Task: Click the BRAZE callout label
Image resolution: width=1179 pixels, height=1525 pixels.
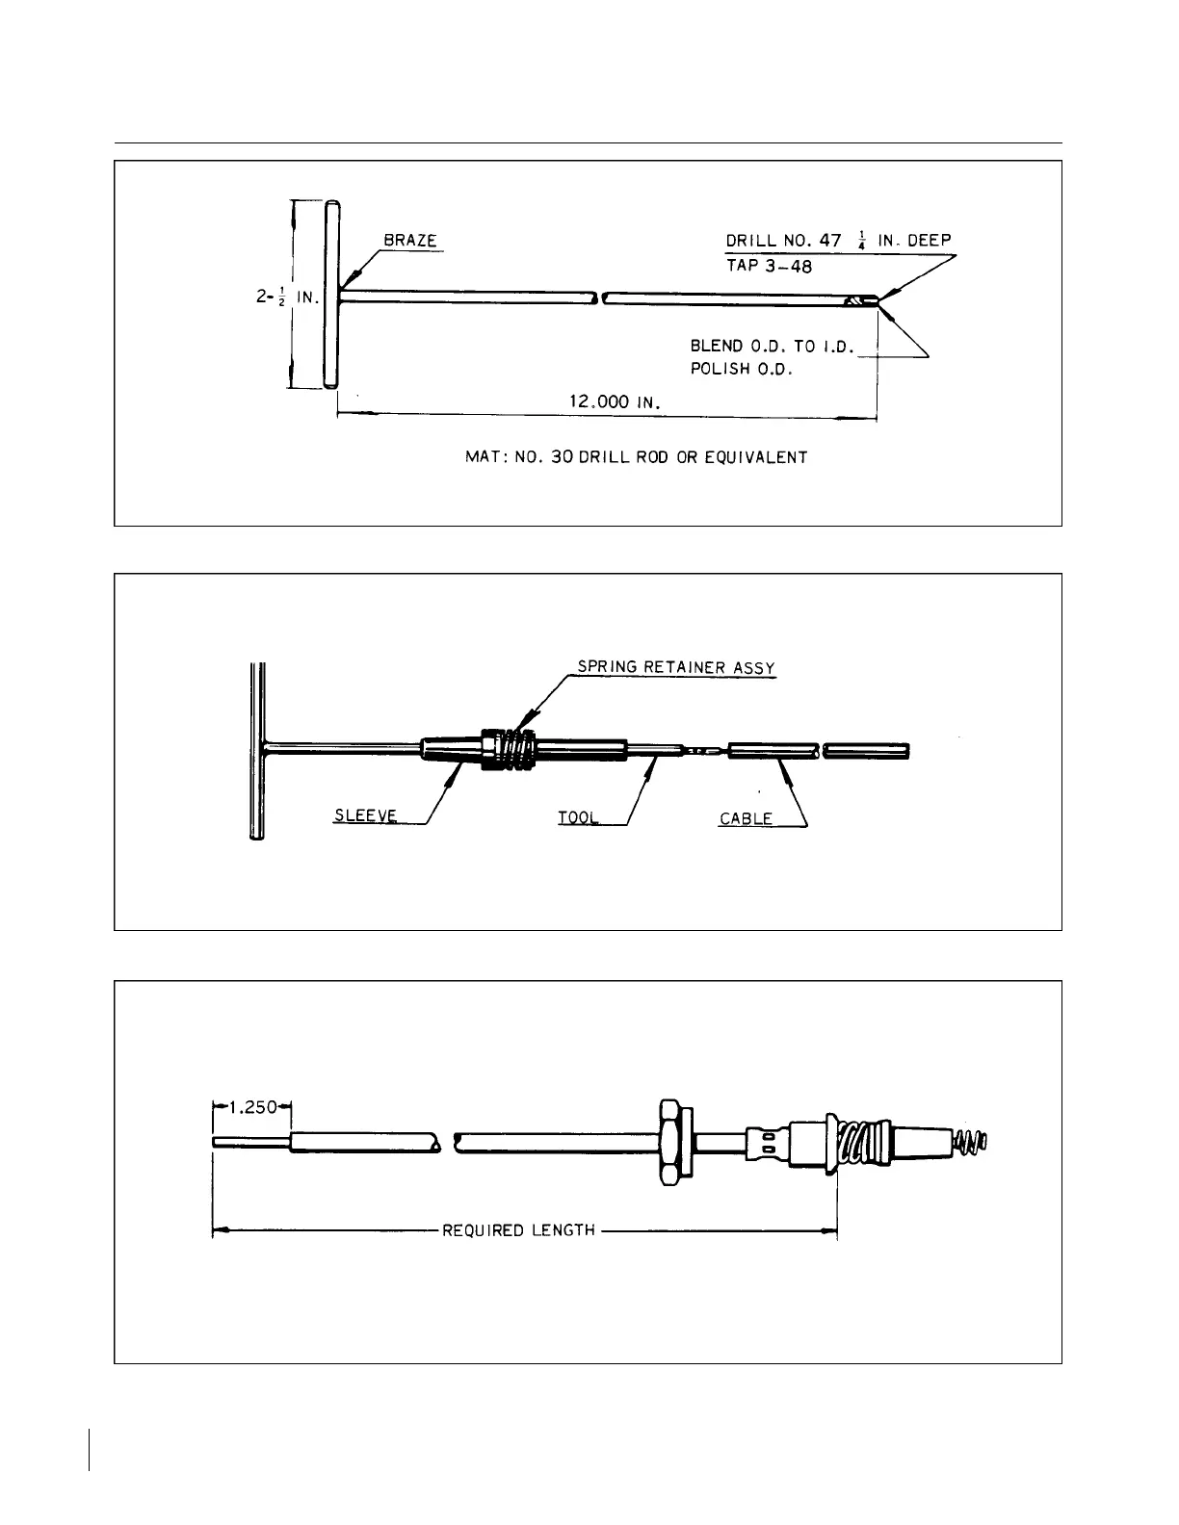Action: point(409,241)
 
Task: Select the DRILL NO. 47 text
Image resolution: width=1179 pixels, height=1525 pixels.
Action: point(783,241)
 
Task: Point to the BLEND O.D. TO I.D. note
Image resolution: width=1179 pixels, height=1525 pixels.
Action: point(772,346)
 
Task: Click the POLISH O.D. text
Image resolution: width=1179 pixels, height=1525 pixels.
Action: point(741,370)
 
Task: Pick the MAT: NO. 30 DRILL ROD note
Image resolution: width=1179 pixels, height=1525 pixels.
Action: point(636,457)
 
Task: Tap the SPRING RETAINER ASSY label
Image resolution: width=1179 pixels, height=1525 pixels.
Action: point(675,667)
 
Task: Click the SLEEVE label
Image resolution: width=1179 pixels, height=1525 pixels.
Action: point(364,817)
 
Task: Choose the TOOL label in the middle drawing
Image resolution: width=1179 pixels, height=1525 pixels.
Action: point(578,818)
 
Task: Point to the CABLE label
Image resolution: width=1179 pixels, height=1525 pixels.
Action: point(746,819)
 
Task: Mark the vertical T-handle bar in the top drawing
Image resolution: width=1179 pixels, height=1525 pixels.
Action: point(331,295)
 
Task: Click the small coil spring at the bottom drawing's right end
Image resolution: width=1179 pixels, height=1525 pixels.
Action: point(971,1144)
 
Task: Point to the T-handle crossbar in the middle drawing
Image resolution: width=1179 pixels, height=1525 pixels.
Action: point(256,751)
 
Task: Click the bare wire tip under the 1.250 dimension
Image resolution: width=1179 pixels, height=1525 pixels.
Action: point(250,1143)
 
